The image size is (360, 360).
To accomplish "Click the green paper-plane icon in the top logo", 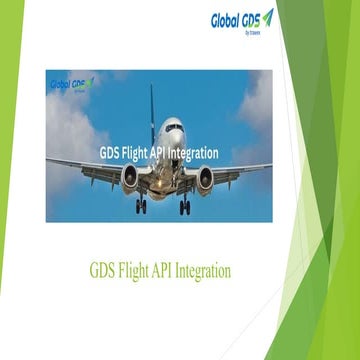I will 268,17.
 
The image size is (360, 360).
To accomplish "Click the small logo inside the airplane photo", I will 71,85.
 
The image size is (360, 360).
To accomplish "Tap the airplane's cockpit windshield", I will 173,127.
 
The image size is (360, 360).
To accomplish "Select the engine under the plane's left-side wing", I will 130,177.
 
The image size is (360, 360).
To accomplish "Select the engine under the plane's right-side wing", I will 205,178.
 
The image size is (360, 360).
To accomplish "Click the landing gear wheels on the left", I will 141,207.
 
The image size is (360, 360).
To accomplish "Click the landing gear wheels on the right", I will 185,207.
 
